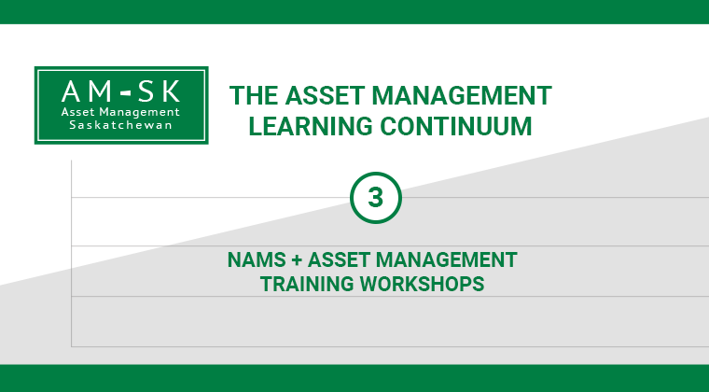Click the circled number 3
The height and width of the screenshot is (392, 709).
(x=375, y=198)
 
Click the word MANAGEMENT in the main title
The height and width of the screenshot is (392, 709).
(x=462, y=96)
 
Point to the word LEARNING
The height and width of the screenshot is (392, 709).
(x=310, y=126)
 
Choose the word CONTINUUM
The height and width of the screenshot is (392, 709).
(x=456, y=126)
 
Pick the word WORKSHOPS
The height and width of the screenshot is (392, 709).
(x=422, y=284)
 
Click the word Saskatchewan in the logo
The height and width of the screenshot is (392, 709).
(x=120, y=125)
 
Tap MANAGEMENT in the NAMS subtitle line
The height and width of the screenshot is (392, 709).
(x=446, y=260)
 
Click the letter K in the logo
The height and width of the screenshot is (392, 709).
(x=172, y=91)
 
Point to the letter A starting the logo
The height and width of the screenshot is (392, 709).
(x=71, y=91)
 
